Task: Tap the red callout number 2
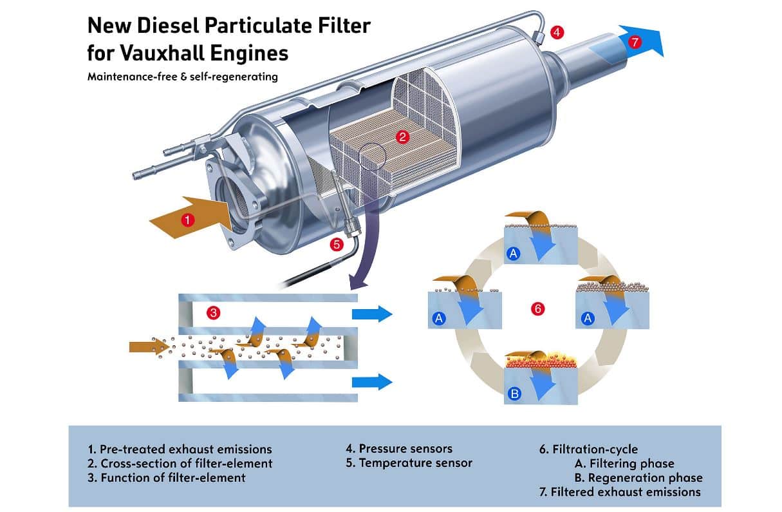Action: tap(403, 137)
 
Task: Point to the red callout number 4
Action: tap(557, 31)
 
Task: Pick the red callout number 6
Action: tap(538, 308)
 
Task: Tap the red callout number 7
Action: tap(635, 43)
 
